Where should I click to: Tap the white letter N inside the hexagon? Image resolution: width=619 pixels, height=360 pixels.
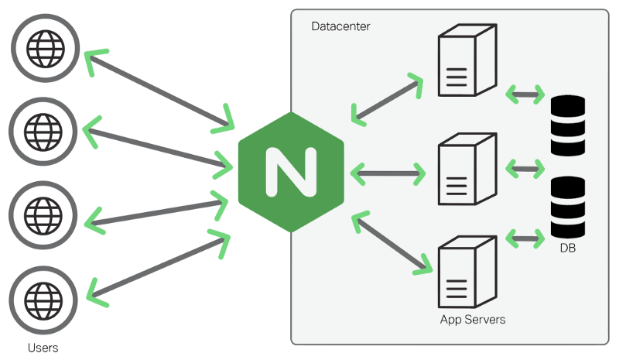pos(291,171)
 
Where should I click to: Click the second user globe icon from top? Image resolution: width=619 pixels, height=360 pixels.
pos(44,130)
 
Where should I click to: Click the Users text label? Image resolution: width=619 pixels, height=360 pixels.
pos(43,348)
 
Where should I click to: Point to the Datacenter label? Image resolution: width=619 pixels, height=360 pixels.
pos(340,26)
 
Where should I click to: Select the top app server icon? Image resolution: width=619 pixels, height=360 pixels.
pos(465,61)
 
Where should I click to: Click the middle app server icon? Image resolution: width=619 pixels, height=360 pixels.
pos(465,170)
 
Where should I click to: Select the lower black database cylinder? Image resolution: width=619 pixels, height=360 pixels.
pos(567,207)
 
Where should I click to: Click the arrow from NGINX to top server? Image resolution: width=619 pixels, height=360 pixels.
pos(388,99)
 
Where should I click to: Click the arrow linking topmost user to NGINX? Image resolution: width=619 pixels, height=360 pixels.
pos(159,87)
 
